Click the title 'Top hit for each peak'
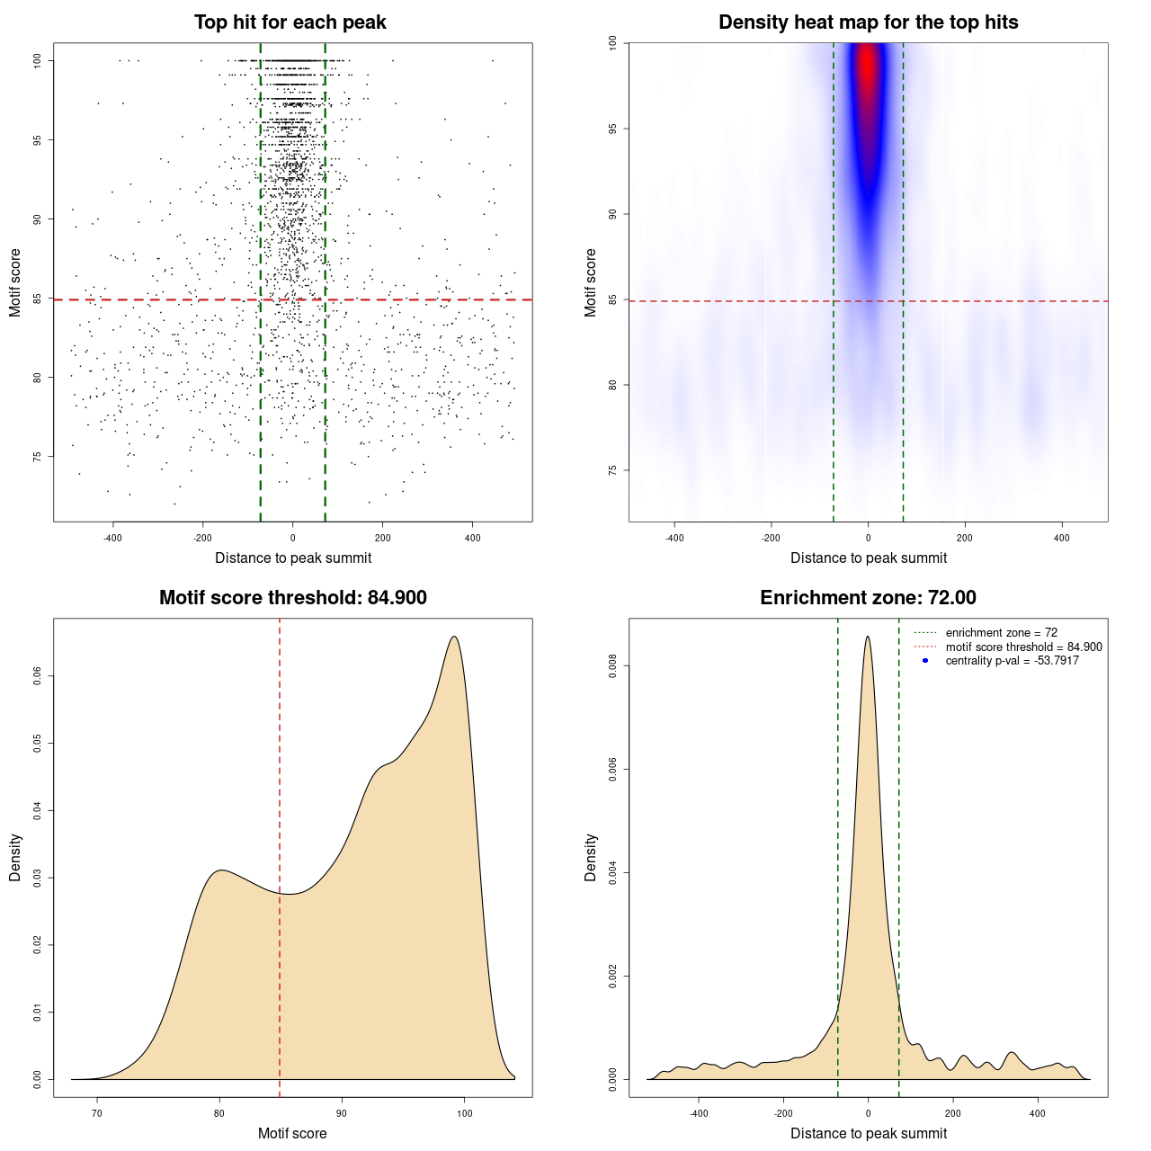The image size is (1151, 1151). [x=290, y=22]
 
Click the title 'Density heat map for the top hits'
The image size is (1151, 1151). [x=868, y=22]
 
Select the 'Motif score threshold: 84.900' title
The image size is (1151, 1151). [x=292, y=598]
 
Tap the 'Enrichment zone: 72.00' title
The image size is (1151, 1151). [x=868, y=598]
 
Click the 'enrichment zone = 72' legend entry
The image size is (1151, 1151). [x=1001, y=633]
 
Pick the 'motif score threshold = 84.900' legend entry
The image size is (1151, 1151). [x=1023, y=647]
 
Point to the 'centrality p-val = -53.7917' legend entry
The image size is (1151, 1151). [x=1012, y=661]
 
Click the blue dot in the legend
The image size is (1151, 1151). [x=925, y=661]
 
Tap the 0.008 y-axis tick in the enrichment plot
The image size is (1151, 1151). [x=612, y=666]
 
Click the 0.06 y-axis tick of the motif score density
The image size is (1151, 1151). [x=37, y=675]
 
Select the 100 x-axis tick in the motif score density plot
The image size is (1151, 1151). [x=464, y=1113]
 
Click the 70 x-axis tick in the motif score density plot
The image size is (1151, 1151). [x=97, y=1113]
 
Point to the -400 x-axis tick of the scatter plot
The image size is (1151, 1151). [x=112, y=538]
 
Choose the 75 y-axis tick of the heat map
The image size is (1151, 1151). [x=612, y=470]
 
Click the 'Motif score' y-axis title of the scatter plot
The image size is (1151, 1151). [x=15, y=282]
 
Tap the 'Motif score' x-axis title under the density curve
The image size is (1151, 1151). [x=292, y=1133]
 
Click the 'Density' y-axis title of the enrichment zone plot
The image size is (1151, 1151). [x=591, y=857]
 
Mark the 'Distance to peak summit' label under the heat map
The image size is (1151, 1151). [x=868, y=558]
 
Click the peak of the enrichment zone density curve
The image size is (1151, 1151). [x=868, y=637]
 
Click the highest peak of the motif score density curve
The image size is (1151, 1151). [x=454, y=637]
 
